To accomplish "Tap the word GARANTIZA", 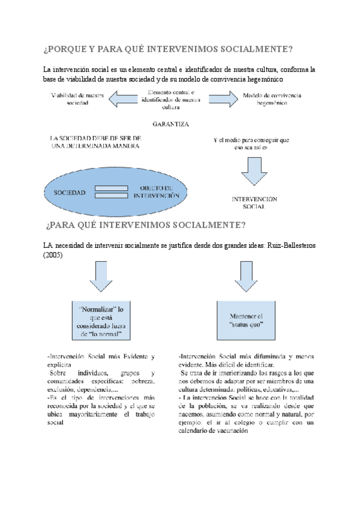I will tap(170, 125).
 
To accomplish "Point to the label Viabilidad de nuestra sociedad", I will tap(78, 99).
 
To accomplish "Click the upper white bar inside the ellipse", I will tap(111, 189).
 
